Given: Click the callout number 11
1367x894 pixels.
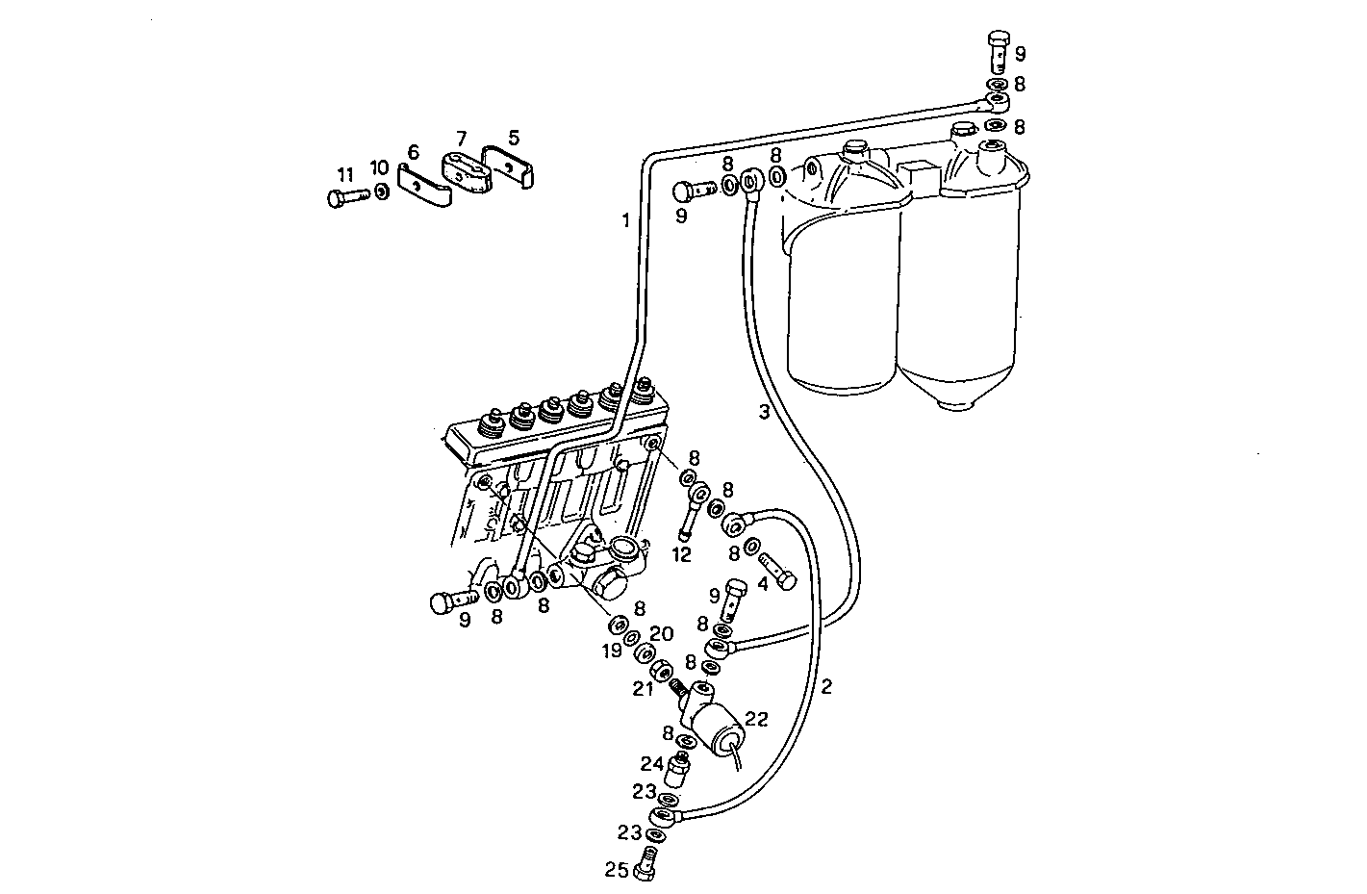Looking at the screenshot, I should point(345,174).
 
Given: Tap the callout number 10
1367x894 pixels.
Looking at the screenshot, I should point(380,168).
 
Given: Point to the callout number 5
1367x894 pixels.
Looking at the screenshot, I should point(513,138).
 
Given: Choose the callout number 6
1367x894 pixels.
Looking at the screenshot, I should point(413,152).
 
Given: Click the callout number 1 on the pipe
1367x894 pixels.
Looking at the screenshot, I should point(625,220).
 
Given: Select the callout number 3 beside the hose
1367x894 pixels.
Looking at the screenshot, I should point(763,413).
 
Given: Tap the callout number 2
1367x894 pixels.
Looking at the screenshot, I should point(826,686).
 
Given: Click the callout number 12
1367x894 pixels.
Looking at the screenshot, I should point(682,555).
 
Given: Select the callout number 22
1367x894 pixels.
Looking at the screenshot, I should point(756,718).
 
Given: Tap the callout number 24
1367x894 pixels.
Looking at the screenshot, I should point(651,763).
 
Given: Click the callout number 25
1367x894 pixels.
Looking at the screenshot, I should point(616,871).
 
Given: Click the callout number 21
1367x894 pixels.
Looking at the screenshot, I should point(643,688).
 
